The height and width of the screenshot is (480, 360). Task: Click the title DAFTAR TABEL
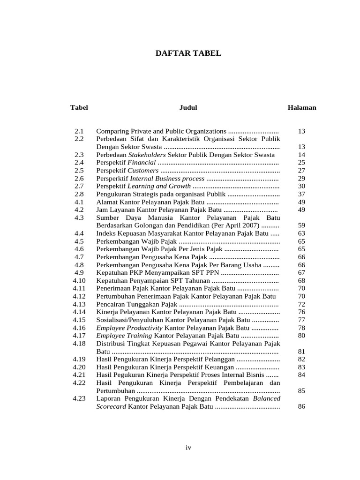[188, 54]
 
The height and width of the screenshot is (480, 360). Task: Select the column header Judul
[188, 107]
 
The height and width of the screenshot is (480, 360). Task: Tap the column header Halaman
[301, 107]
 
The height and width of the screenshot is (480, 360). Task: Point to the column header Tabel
[79, 107]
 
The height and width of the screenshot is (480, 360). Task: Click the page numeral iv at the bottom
[188, 448]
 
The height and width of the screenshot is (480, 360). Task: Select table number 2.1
[79, 131]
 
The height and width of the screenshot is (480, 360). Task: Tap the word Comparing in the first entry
[112, 131]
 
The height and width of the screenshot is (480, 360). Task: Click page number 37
[301, 194]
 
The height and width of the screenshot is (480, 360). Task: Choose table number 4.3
[79, 217]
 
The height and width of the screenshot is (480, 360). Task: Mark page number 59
[301, 225]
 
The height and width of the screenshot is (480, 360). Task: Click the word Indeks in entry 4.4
[106, 233]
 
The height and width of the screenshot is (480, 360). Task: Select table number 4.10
[79, 280]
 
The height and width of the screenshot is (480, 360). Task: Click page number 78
[301, 328]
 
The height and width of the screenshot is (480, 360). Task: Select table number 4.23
[79, 398]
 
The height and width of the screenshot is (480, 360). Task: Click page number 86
[301, 406]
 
